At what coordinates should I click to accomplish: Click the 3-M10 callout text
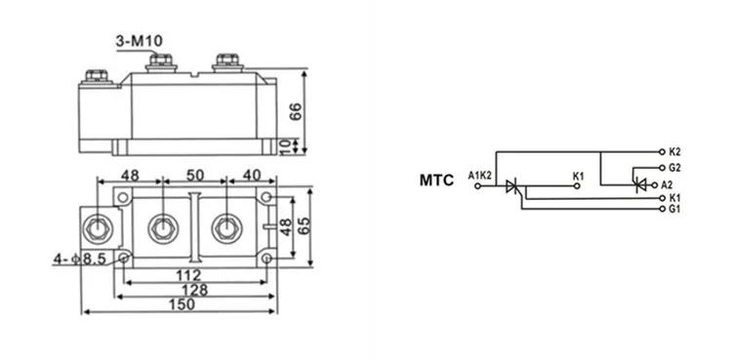pyautogui.click(x=140, y=41)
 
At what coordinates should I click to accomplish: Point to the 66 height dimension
pyautogui.click(x=296, y=111)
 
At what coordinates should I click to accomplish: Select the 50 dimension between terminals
pyautogui.click(x=195, y=175)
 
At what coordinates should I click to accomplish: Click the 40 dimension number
pyautogui.click(x=252, y=175)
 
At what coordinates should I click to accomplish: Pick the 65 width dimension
pyautogui.click(x=304, y=226)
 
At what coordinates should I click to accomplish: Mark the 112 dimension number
pyautogui.click(x=188, y=275)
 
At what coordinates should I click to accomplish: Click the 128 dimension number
pyautogui.click(x=194, y=290)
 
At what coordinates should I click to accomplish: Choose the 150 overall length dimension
pyautogui.click(x=182, y=304)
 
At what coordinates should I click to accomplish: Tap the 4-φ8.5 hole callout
pyautogui.click(x=80, y=259)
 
